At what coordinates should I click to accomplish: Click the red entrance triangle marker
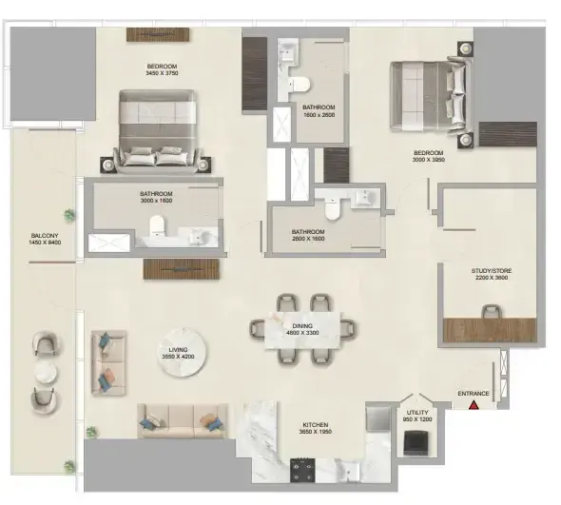click(x=474, y=405)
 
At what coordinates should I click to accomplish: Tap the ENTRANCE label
click(x=474, y=394)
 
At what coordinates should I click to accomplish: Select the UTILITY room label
click(x=417, y=413)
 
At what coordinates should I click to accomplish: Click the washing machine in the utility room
click(x=416, y=443)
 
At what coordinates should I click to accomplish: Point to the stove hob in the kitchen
click(x=302, y=470)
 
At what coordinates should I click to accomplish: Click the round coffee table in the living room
click(x=182, y=352)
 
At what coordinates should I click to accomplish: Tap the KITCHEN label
click(x=316, y=425)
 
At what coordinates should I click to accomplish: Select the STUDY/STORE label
click(x=492, y=271)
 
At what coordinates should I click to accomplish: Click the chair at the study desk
click(x=492, y=311)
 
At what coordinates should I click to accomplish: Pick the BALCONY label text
click(x=45, y=236)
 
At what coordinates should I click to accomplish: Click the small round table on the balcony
click(x=46, y=372)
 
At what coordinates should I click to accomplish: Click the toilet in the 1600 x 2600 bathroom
click(x=300, y=85)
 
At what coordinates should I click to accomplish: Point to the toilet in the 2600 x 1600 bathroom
click(x=332, y=208)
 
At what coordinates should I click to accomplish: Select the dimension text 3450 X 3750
click(x=162, y=73)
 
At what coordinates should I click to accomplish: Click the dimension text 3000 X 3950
click(x=428, y=160)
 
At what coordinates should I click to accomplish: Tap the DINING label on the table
click(x=302, y=326)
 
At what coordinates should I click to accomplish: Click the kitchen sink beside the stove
click(x=348, y=471)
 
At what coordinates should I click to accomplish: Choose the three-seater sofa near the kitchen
click(x=183, y=421)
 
